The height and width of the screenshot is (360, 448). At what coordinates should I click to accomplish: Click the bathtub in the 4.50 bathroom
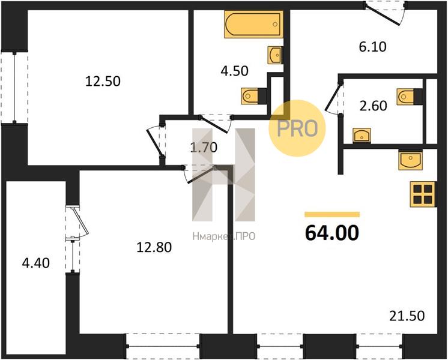click(253, 24)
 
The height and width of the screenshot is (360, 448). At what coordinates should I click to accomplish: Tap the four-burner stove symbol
click(423, 194)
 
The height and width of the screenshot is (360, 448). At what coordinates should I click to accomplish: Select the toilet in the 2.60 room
click(410, 97)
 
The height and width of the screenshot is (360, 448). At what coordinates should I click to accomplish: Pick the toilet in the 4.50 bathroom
click(254, 96)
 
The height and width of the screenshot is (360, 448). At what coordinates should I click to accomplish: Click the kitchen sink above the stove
click(410, 160)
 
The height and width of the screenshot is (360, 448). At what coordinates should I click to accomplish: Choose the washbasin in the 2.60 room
click(362, 136)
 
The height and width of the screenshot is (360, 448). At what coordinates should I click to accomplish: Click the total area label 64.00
click(332, 233)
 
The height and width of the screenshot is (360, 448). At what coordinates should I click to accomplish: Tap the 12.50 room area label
click(103, 82)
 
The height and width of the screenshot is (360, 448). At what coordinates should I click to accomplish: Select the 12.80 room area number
click(154, 247)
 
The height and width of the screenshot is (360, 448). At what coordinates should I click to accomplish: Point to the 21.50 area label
click(407, 316)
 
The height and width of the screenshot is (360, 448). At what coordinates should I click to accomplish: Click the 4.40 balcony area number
click(35, 263)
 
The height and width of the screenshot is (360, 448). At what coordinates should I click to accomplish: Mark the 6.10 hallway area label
click(372, 47)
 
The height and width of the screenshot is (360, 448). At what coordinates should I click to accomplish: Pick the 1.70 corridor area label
click(204, 148)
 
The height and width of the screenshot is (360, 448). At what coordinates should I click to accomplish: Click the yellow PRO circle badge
click(297, 128)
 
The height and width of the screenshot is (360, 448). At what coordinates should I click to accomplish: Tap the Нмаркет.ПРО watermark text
click(224, 236)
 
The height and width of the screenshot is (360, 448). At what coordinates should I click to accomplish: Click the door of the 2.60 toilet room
click(333, 98)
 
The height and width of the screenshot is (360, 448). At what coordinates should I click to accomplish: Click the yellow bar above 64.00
click(332, 214)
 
